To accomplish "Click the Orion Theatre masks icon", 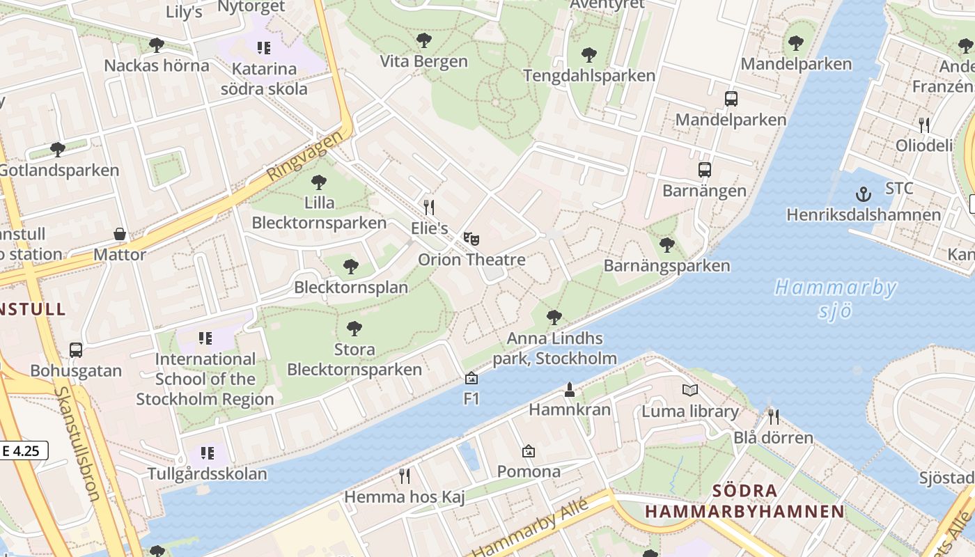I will point(471,239).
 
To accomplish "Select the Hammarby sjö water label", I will point(835,298).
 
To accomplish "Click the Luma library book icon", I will point(689,391).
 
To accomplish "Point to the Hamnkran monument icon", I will point(570,389).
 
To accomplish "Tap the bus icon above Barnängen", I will point(705,169).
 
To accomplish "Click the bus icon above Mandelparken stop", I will point(731,99).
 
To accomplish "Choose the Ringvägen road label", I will point(305,155).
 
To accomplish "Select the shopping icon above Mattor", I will point(120,234).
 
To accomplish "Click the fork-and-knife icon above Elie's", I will point(429,207).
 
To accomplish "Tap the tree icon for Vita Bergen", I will point(423,40).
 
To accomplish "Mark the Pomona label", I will point(529,471).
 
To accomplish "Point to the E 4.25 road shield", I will point(24,450).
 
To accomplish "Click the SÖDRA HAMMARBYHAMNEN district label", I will point(744,501).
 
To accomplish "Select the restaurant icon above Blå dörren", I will point(773,417).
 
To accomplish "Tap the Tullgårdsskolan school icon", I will point(207,453).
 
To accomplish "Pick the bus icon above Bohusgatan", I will point(76,350).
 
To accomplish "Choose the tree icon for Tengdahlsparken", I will point(589,54).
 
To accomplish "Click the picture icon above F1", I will point(471,378).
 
